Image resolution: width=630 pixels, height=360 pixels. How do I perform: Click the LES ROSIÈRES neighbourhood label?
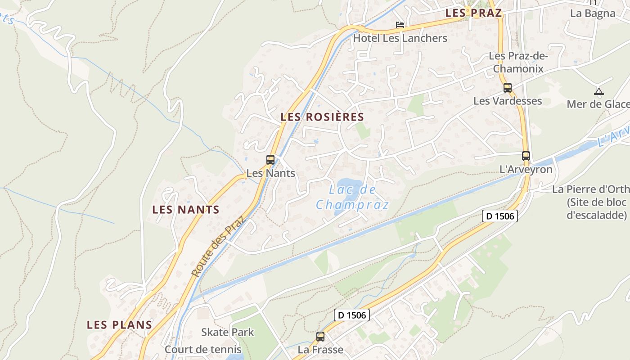click(322, 117)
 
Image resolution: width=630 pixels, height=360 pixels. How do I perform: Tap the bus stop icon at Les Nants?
click(270, 159)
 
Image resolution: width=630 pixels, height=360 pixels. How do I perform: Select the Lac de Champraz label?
click(352, 198)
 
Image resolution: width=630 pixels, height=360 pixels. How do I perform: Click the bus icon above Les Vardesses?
click(508, 88)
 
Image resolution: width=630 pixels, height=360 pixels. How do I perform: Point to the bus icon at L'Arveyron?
click(526, 156)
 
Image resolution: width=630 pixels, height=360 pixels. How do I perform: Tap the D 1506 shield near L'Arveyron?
click(500, 216)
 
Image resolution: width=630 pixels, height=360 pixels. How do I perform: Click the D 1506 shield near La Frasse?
click(352, 315)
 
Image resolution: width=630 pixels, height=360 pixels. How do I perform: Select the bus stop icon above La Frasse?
click(320, 336)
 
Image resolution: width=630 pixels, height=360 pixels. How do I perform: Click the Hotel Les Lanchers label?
click(400, 38)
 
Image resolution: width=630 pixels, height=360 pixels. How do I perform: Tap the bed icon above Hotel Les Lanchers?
click(400, 25)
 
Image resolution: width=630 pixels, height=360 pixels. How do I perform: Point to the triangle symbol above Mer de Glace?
click(598, 92)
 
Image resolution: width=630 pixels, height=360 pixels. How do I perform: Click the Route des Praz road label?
click(217, 246)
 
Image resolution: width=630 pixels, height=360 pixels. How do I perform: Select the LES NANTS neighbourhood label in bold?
click(186, 210)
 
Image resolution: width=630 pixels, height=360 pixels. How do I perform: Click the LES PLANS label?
click(120, 324)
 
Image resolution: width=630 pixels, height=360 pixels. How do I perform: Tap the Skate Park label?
click(228, 333)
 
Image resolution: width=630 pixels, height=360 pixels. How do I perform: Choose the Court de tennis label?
click(203, 350)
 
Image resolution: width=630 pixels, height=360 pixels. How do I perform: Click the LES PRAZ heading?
click(473, 13)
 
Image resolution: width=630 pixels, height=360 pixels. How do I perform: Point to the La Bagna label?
click(593, 13)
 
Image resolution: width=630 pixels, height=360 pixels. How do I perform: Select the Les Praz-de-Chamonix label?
click(518, 63)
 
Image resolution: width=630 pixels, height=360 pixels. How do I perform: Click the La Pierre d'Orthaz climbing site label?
click(591, 202)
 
